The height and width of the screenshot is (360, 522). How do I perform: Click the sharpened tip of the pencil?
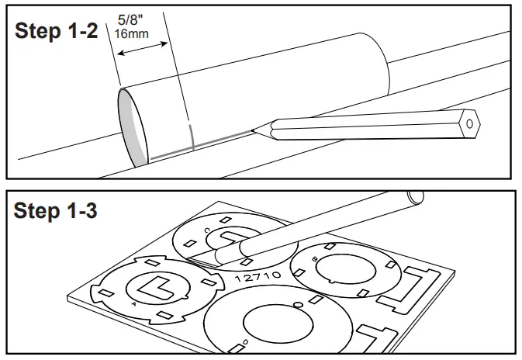coord(254,129)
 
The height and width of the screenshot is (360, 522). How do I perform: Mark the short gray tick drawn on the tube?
coord(191,132)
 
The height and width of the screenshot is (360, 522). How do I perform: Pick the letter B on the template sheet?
coord(313,258)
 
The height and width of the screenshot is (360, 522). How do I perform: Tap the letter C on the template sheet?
coord(206,230)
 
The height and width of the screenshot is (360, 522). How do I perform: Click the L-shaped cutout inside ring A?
coord(154,286)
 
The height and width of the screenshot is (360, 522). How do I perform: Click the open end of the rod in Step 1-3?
coord(416,197)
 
